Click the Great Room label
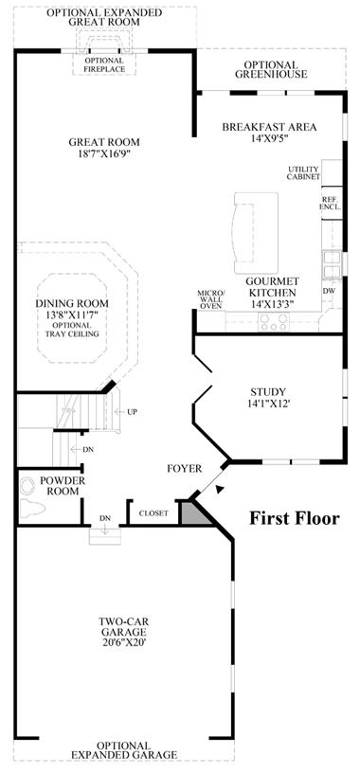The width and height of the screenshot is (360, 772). click(x=104, y=142)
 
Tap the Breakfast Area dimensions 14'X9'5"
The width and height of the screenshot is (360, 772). click(x=269, y=138)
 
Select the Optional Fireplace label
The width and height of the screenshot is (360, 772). click(x=104, y=64)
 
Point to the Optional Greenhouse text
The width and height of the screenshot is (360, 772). click(x=271, y=69)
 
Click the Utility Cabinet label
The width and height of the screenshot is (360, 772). click(x=304, y=172)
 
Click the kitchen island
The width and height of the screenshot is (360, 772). click(x=256, y=233)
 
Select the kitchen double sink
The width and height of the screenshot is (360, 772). click(x=332, y=265)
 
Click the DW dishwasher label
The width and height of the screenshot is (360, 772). click(x=329, y=291)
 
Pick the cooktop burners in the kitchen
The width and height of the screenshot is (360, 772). click(x=274, y=322)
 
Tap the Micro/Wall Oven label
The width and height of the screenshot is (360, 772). click(x=210, y=299)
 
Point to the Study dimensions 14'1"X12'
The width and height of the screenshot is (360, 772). click(x=268, y=404)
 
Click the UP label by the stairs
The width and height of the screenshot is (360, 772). click(x=132, y=412)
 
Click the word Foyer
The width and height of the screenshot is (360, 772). click(x=184, y=469)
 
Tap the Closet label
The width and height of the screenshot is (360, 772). click(x=153, y=513)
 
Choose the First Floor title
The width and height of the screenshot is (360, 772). click(x=294, y=518)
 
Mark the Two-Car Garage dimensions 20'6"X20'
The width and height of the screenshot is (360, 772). click(x=123, y=642)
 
